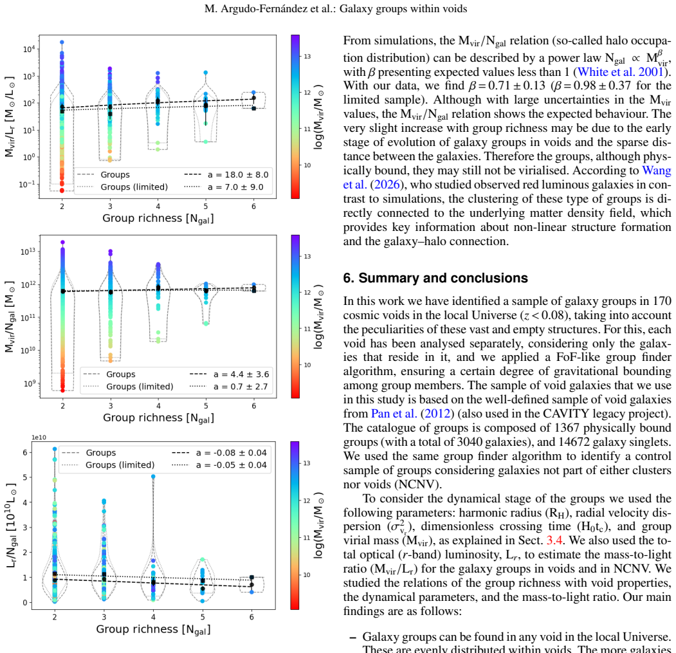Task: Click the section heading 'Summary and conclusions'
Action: pyautogui.click(x=443, y=278)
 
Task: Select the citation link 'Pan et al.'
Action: pyautogui.click(x=394, y=414)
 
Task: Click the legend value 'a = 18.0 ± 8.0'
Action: pyautogui.click(x=238, y=175)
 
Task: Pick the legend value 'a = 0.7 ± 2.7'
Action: pyautogui.click(x=241, y=387)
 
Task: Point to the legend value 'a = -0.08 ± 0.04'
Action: pyautogui.click(x=232, y=453)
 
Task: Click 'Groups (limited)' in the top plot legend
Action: pyautogui.click(x=134, y=187)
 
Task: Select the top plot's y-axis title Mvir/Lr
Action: pyautogui.click(x=10, y=116)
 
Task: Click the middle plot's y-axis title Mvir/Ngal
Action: pyautogui.click(x=10, y=317)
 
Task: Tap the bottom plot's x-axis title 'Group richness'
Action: pyautogui.click(x=154, y=629)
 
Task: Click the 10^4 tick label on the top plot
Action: pyautogui.click(x=29, y=49)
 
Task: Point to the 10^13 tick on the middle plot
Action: pyautogui.click(x=28, y=251)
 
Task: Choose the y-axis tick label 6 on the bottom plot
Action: pyautogui.click(x=25, y=452)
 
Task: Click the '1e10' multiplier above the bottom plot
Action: pyautogui.click(x=39, y=437)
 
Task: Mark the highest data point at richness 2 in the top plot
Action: pyautogui.click(x=62, y=42)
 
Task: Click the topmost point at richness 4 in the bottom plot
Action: pyautogui.click(x=153, y=477)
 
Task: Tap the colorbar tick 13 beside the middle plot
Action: pyautogui.click(x=307, y=257)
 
